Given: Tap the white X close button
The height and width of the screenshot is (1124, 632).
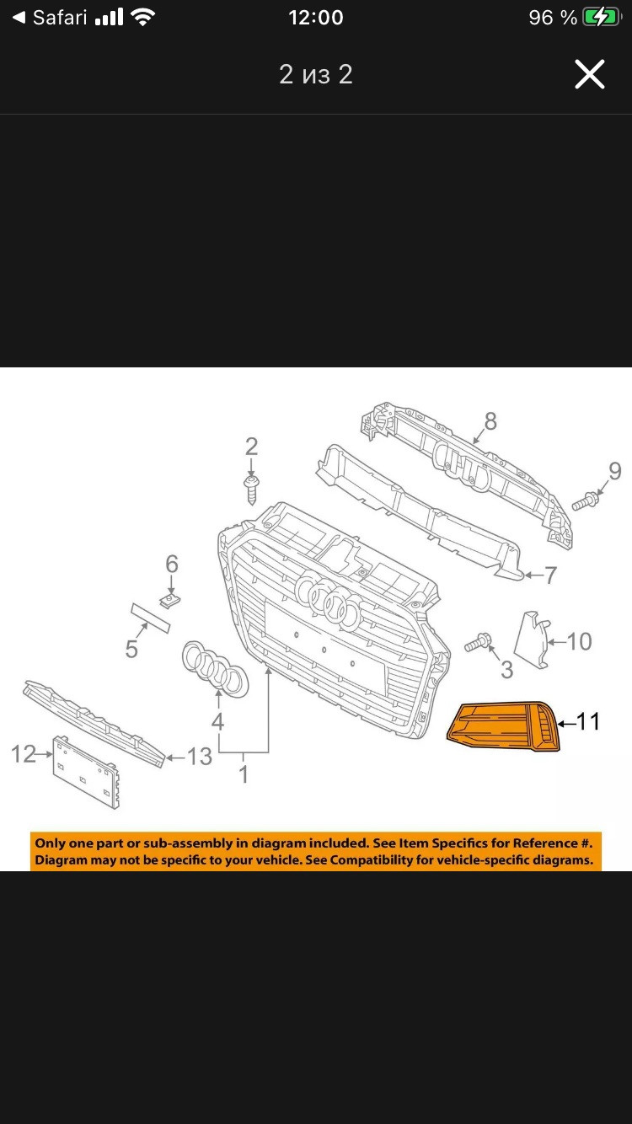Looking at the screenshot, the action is [x=589, y=74].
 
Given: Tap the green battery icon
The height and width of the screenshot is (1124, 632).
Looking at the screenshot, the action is [x=602, y=18].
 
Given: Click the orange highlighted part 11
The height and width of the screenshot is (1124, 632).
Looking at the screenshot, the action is [x=503, y=726].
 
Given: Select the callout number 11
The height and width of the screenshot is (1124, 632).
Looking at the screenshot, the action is [x=588, y=722].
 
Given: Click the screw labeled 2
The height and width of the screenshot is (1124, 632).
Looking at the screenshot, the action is [x=251, y=490].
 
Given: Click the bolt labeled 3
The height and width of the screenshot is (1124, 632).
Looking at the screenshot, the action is [x=478, y=643].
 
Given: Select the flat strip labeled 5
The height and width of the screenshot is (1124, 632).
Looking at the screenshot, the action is [x=151, y=618].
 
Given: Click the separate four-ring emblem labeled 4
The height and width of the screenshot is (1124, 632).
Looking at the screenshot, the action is [x=216, y=669].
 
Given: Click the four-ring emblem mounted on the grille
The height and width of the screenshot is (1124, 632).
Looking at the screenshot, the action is [x=329, y=602].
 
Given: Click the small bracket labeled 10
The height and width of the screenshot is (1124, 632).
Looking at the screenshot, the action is [x=532, y=640].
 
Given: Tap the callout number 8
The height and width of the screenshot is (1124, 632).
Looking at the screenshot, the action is [x=490, y=421].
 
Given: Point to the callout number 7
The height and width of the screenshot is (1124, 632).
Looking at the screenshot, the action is [x=550, y=575].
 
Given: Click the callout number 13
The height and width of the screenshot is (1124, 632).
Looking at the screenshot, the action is [x=199, y=757].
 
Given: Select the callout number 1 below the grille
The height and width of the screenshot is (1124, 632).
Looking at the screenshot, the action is [x=244, y=774].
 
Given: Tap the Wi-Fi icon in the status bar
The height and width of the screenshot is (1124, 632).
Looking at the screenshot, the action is [x=142, y=18].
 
